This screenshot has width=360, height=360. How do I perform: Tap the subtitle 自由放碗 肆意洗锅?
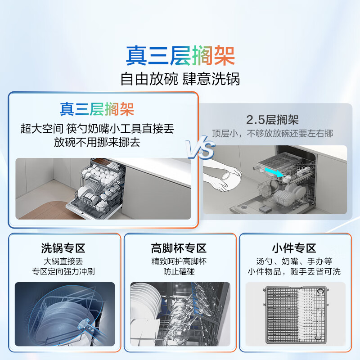(180, 79)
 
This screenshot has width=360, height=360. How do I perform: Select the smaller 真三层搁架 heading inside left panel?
(97, 109)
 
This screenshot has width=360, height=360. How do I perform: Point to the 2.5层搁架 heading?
(272, 119)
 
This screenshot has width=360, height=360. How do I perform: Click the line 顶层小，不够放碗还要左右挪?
(272, 133)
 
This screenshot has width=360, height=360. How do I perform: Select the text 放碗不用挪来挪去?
(97, 142)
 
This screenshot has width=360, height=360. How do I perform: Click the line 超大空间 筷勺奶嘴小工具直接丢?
(97, 129)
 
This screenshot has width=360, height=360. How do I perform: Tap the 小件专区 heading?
(294, 248)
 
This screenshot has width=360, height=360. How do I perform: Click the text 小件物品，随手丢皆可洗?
(294, 272)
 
